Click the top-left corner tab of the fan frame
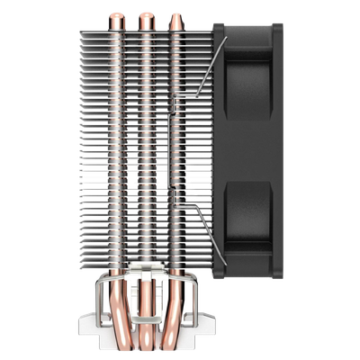click(x=218, y=27)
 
